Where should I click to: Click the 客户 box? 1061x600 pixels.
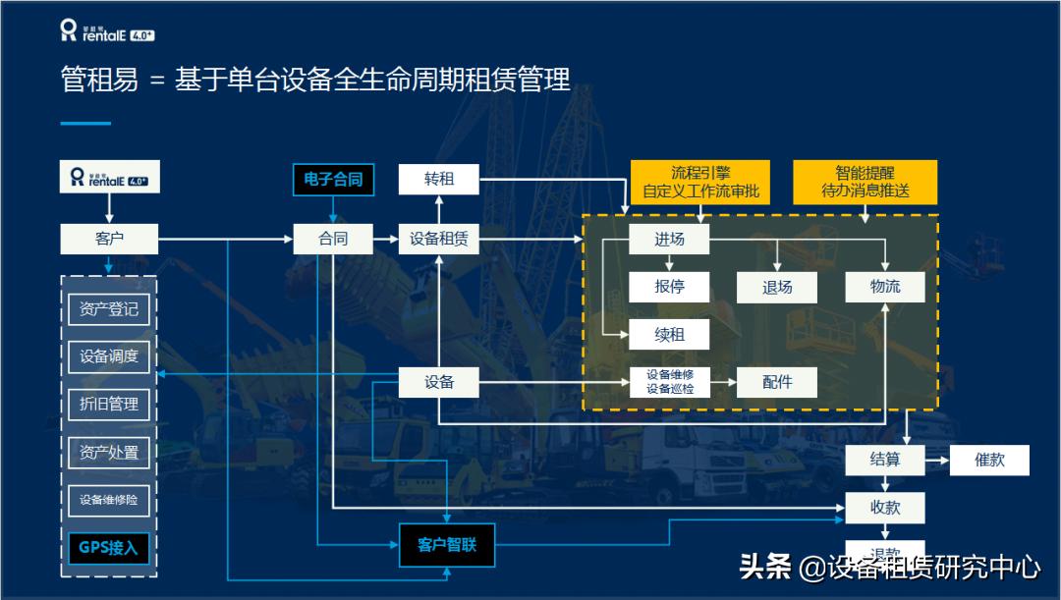109,239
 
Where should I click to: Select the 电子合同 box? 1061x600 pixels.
333,180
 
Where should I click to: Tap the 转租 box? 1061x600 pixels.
438,180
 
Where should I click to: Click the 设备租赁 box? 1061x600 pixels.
438,239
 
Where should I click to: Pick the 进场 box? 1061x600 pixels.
669,239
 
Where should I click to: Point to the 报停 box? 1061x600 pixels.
669,287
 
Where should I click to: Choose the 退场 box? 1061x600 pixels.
777,287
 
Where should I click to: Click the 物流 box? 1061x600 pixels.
885,287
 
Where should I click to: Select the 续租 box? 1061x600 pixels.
669,335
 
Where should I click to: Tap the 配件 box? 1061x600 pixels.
777,382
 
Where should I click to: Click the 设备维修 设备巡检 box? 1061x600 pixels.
669,382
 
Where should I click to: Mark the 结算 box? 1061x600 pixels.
885,460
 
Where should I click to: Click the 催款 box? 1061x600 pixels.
989,460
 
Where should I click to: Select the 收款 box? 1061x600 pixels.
885,508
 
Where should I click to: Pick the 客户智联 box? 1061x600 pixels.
447,545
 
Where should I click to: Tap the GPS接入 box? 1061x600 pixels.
109,548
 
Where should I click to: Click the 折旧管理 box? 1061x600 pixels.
109,404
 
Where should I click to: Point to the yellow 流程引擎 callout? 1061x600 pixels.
700,182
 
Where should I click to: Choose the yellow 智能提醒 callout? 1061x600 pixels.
866,182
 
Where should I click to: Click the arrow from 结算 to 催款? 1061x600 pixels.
937,460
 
